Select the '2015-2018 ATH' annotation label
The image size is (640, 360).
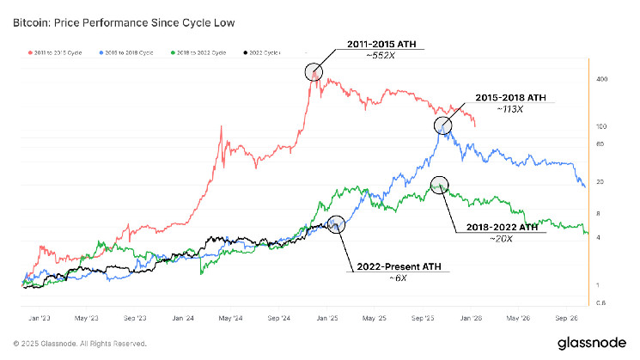pos(514,98)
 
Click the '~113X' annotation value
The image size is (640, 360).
pos(514,111)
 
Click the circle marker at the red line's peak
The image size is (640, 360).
pos(314,71)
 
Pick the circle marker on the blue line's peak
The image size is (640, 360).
pos(443,125)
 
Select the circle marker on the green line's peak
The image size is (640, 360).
pos(440,184)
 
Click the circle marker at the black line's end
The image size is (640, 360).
pos(337,224)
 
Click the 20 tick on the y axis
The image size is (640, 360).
pos(601,182)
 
